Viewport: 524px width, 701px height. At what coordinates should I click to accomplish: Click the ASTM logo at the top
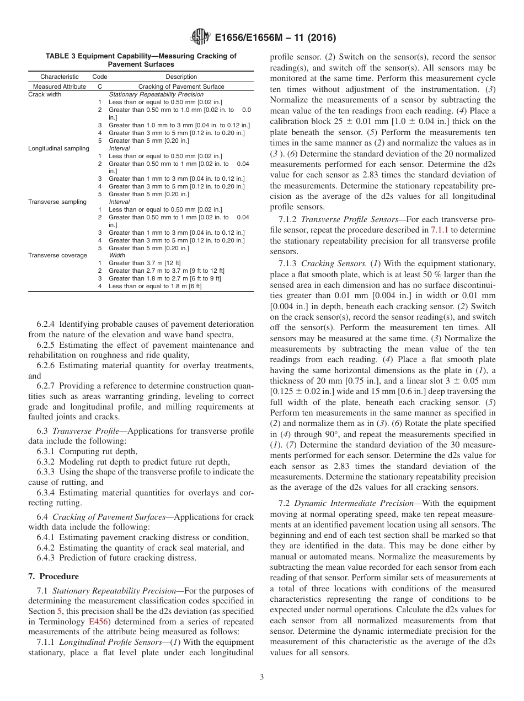point(200,37)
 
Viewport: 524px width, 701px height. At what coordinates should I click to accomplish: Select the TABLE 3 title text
point(141,60)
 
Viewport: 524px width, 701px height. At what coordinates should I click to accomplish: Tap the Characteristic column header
point(60,77)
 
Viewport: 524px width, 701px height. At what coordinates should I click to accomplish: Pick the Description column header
point(181,77)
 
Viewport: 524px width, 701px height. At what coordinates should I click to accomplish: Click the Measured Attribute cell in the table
point(60,87)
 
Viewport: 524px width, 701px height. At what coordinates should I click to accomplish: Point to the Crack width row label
point(45,94)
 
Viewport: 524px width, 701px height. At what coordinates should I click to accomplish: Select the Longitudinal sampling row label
point(58,148)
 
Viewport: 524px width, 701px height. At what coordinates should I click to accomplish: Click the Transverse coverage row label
point(57,255)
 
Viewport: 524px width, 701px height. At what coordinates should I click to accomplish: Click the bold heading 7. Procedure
point(54,576)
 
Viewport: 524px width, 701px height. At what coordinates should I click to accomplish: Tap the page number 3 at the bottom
point(261,677)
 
